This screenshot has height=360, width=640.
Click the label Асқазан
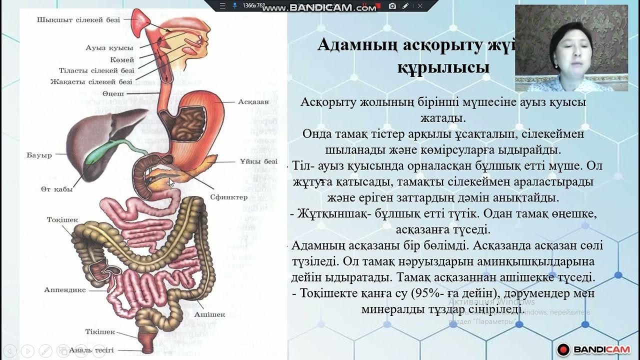coord(253,101)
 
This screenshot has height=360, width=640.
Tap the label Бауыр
coord(39,155)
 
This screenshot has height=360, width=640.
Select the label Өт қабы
coord(56,189)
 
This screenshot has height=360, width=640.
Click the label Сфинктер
coord(228,197)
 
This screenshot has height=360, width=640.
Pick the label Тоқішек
coord(62,220)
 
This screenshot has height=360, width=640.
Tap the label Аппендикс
coord(64,290)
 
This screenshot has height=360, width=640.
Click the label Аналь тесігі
coord(91,350)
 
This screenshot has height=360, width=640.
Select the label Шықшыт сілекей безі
coord(78,20)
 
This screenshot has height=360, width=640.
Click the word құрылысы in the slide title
coord(443,66)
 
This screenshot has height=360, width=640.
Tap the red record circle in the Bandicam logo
coord(564,350)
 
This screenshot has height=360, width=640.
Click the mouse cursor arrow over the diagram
coord(171,182)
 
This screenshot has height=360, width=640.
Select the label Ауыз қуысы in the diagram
coord(109,48)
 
